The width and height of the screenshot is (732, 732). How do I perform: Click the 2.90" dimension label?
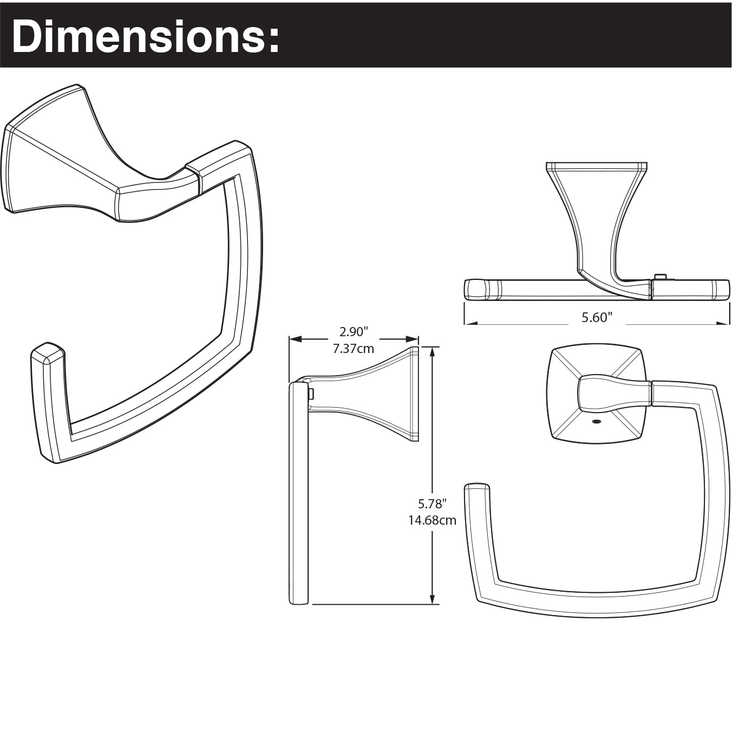click(x=354, y=331)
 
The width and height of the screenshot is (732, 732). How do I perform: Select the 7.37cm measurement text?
click(x=354, y=349)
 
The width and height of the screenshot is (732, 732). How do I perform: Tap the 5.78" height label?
click(x=432, y=504)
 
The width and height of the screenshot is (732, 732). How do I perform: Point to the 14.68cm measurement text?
click(x=432, y=520)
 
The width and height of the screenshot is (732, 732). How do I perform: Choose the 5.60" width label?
click(x=597, y=317)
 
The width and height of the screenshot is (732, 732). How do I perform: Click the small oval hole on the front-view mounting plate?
click(x=597, y=421)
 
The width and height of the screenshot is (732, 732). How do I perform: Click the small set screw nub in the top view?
click(x=659, y=277)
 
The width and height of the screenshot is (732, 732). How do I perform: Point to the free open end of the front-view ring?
click(x=477, y=487)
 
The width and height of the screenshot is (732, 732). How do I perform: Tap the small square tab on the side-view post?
click(x=311, y=393)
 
